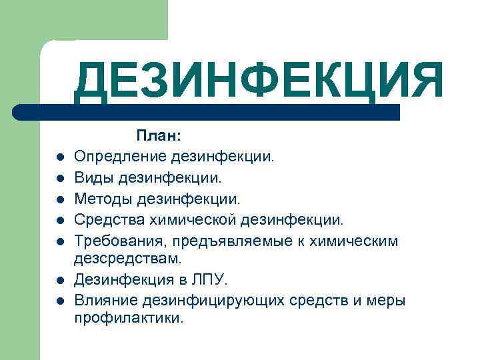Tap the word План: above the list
tap(158, 137)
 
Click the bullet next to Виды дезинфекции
tap(59, 179)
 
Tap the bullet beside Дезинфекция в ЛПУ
tap(59, 280)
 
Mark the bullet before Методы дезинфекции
tap(59, 199)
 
